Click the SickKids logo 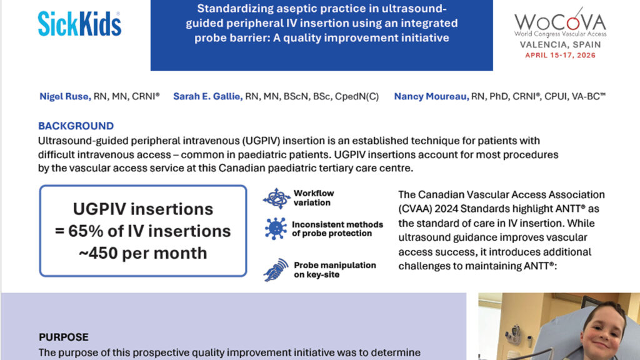tap(79, 24)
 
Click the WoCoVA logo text tap(560, 21)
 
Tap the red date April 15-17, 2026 tap(560, 55)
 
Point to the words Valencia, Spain tap(560, 45)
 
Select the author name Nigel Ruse tap(64, 96)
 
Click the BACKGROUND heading tap(76, 126)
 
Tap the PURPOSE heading tap(63, 337)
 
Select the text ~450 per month tap(143, 252)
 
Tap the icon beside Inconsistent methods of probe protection tap(276, 229)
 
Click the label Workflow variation tap(314, 198)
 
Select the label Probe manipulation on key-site tap(335, 270)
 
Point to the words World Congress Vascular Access tap(560, 34)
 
